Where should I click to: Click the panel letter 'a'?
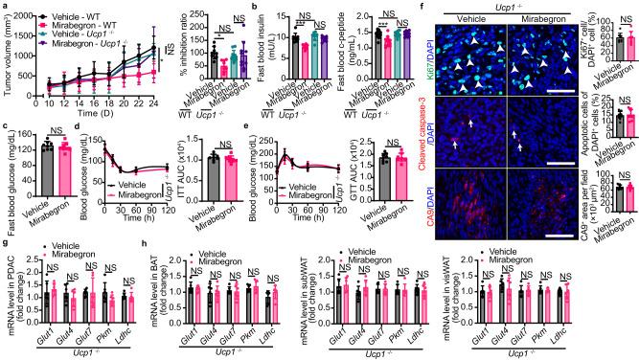(5, 6)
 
